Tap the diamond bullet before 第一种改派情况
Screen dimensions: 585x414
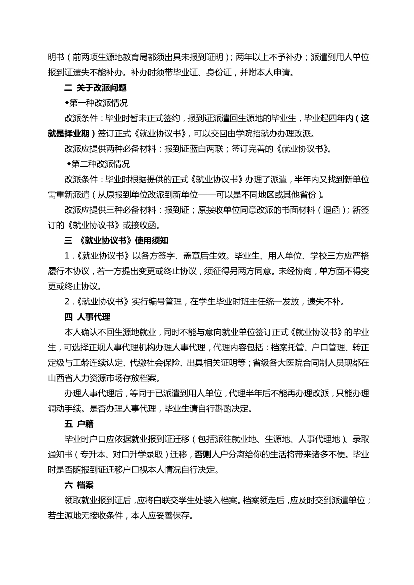coord(67,103)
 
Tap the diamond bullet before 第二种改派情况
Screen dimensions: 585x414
coord(69,164)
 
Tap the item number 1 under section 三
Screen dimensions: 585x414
coord(67,256)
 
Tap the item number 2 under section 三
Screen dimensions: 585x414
coord(67,301)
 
